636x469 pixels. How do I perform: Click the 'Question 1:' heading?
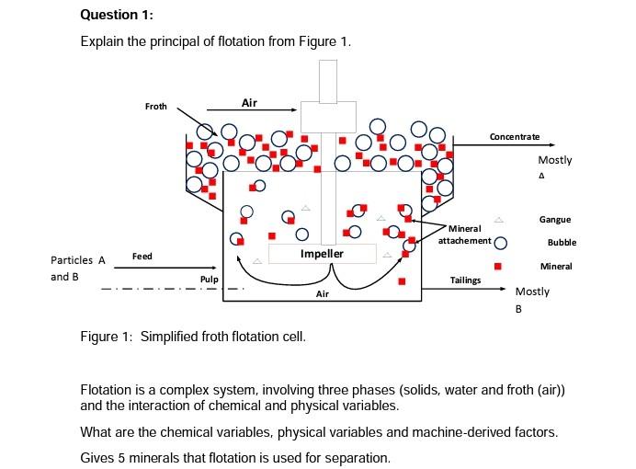tap(117, 15)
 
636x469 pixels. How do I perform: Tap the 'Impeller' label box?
tap(322, 254)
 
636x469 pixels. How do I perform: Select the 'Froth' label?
tap(156, 107)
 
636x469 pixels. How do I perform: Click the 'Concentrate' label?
tap(515, 137)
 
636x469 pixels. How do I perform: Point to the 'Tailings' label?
tap(465, 280)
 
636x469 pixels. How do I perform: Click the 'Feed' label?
tap(142, 256)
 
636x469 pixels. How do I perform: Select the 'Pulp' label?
tap(209, 278)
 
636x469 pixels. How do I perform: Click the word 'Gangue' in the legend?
tap(555, 220)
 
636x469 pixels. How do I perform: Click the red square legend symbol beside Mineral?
tap(499, 266)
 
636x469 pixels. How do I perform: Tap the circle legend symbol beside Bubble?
tap(501, 244)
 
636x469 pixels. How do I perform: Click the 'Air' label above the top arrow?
tap(249, 103)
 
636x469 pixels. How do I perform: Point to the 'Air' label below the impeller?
tap(322, 294)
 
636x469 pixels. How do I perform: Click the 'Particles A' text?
tap(78, 260)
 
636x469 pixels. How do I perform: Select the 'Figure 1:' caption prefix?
tap(108, 337)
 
